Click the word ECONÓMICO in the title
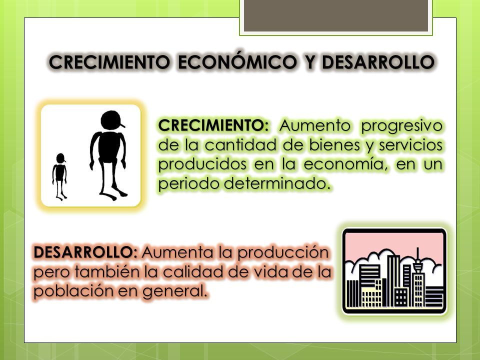coord(237,61)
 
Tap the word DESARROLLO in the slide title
coord(378,62)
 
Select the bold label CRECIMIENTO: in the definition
coord(213,125)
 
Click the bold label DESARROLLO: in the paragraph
coord(85,252)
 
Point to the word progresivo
coord(401,126)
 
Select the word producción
coord(283,253)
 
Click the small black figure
coord(59,176)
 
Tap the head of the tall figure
coord(111,120)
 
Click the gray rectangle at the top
coord(336,15)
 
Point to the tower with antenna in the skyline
coord(418,277)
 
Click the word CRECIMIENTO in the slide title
coord(109,62)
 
